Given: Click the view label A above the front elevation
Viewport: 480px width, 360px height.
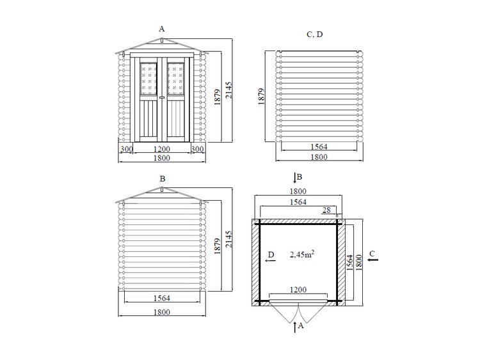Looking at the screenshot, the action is (x=162, y=29).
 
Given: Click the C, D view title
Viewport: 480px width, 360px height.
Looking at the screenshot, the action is (x=315, y=35).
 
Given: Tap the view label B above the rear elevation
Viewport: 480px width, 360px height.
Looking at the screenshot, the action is (x=163, y=178).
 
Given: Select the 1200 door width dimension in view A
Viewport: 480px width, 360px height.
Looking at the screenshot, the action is (x=162, y=149).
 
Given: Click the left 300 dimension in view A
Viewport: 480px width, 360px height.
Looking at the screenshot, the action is (x=126, y=149).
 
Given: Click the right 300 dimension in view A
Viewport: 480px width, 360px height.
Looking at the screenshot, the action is (x=198, y=149).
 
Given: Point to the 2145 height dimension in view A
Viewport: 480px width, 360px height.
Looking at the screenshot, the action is (x=228, y=90).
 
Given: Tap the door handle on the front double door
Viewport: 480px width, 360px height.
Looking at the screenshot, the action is (x=162, y=97).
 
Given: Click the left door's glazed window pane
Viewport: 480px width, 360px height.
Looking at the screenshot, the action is (x=148, y=79).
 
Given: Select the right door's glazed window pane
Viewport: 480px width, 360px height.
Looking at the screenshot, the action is (x=176, y=79).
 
